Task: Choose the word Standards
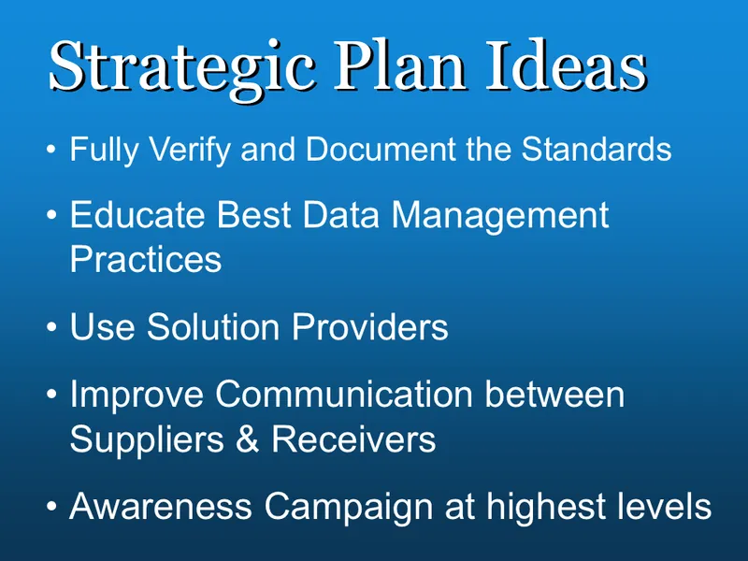click(x=597, y=150)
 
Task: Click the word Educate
click(x=137, y=217)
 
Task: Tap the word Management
click(x=500, y=217)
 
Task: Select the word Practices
click(x=146, y=259)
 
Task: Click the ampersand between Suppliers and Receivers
click(x=248, y=438)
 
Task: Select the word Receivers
click(x=354, y=438)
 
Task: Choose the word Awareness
click(x=160, y=506)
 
